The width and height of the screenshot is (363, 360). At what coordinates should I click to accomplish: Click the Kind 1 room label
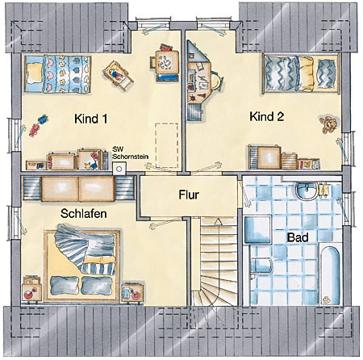point(91,119)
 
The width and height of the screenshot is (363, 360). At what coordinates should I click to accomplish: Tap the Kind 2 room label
point(267,117)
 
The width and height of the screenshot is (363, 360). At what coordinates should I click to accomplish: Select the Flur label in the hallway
point(189,195)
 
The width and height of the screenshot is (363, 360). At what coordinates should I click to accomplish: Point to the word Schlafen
point(84,214)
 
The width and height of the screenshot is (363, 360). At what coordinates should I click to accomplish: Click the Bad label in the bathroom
point(298,237)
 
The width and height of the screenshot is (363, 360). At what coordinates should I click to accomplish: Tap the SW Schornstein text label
point(130,153)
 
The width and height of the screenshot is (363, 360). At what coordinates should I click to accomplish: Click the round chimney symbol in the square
point(119,170)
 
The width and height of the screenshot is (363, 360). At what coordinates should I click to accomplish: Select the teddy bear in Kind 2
point(328,124)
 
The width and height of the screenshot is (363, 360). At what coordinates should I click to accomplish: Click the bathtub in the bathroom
point(331,274)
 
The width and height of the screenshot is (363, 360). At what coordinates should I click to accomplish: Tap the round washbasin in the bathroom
point(307,190)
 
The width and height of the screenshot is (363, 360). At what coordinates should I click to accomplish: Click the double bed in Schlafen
point(82,266)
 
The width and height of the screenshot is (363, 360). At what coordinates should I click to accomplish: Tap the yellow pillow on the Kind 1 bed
point(35,73)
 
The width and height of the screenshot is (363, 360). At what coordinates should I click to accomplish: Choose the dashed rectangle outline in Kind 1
point(166,145)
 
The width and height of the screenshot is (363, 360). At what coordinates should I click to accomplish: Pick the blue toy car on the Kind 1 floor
point(43,119)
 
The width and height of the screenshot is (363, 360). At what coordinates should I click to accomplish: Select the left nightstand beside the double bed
point(32,289)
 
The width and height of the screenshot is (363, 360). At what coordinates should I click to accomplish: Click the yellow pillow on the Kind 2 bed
point(306,73)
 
